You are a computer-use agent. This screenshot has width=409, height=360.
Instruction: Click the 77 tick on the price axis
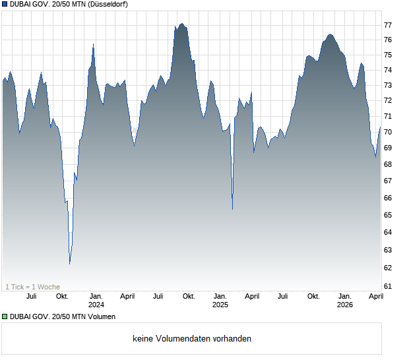pos(388,25)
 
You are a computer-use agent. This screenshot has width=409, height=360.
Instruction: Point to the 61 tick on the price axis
pos(388,286)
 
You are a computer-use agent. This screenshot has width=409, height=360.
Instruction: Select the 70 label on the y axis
pos(388,132)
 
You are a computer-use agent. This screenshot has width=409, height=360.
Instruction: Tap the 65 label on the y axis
pos(388,216)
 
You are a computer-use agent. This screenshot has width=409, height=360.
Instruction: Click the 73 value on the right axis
pos(388,85)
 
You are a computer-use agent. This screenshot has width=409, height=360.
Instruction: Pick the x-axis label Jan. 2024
pos(96,300)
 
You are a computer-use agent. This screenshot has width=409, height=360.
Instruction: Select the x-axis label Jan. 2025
pos(220,300)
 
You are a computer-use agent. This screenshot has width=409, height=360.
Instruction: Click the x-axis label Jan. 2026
pos(344,300)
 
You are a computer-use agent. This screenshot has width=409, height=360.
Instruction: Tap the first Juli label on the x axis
pos(31,296)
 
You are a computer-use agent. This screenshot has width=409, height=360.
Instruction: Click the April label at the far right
pos(375,296)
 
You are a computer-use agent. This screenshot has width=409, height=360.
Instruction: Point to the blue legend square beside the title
pos(5,5)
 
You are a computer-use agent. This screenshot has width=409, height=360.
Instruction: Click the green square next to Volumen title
pos(5,317)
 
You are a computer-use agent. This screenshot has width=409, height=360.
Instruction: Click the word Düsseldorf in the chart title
pos(108,5)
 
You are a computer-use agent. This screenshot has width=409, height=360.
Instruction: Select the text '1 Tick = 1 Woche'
pos(32,287)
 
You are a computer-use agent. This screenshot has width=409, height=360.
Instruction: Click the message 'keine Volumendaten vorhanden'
pos(191,339)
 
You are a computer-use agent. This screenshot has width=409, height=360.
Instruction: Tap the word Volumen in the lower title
pos(102,317)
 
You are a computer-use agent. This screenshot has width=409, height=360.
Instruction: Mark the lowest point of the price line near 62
pos(70,263)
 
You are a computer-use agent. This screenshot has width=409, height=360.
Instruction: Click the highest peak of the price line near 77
pos(181,24)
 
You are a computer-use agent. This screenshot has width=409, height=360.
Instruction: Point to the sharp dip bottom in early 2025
pos(233,209)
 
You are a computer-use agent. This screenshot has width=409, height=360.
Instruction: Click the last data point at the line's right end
pos(381,127)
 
